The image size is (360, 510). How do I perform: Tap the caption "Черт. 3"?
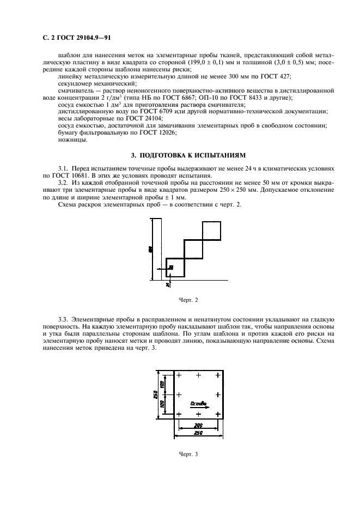[x=188, y=454]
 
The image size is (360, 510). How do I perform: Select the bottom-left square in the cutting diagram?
[x=175, y=267]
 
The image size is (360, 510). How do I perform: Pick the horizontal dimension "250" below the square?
[x=198, y=433]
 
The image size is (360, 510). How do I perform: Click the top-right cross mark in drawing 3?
[x=217, y=375]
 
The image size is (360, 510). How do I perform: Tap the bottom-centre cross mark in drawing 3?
[x=198, y=414]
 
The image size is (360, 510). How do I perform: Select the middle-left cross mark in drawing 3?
[x=178, y=394]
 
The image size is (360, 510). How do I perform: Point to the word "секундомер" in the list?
[x=75, y=83]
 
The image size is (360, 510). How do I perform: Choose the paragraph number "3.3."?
[x=64, y=317]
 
